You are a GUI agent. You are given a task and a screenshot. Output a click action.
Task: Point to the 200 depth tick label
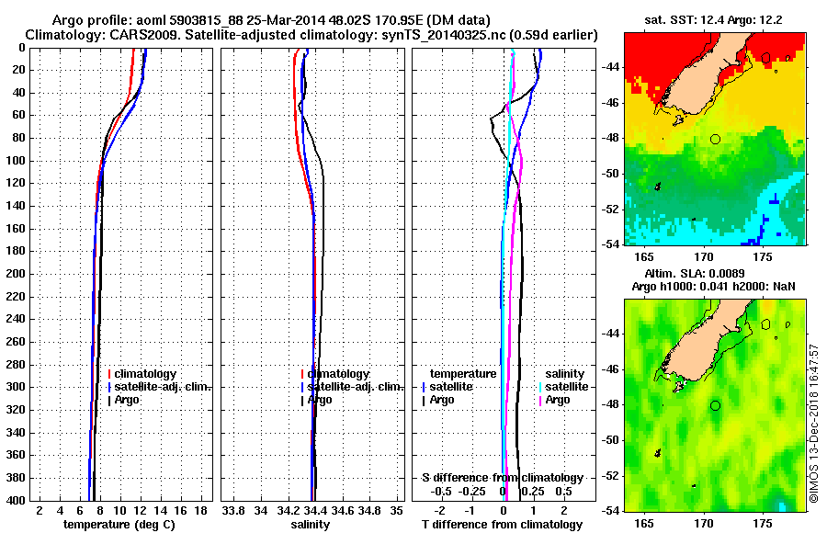tap(17, 274)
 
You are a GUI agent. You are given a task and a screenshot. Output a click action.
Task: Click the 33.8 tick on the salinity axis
tap(233, 510)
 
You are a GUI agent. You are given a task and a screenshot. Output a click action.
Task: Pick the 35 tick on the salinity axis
tap(396, 510)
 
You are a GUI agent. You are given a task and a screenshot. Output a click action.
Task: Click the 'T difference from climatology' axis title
tap(502, 525)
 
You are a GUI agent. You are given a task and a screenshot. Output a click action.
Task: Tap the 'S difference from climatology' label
tap(502, 478)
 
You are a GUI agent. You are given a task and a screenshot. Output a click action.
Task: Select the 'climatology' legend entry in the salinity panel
tap(338, 374)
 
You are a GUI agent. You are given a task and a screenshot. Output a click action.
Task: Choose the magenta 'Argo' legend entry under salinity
tap(558, 400)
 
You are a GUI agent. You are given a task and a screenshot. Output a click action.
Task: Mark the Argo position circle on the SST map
tap(715, 139)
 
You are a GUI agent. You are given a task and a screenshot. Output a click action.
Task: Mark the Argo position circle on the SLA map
tap(715, 405)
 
